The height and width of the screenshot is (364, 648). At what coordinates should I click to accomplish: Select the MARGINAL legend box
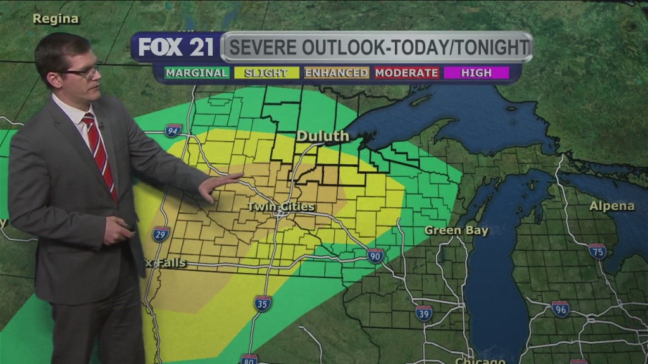coord(197,73)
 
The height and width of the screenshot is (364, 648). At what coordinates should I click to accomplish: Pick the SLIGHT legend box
coord(266,73)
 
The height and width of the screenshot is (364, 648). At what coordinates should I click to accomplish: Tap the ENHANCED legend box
coord(336,73)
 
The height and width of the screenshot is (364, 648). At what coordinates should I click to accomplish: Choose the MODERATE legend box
coord(406,73)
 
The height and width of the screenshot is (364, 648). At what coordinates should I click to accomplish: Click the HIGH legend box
coord(476,73)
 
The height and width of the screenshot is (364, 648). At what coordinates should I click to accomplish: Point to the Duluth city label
coord(323,136)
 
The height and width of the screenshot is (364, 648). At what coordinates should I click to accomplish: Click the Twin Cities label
coord(274,207)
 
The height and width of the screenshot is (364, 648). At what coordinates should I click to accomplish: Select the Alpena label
coord(611,206)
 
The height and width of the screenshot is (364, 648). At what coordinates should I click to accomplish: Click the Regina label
coord(56,19)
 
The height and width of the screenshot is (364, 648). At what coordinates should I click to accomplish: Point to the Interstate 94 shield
coord(173,131)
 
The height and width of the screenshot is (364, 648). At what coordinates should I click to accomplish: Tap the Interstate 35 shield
coord(263,303)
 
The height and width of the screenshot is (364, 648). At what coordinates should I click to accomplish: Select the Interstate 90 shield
coord(375,255)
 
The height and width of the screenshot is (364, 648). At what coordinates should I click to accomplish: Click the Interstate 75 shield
coord(597,252)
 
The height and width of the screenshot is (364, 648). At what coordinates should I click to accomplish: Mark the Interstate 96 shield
coord(560,309)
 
